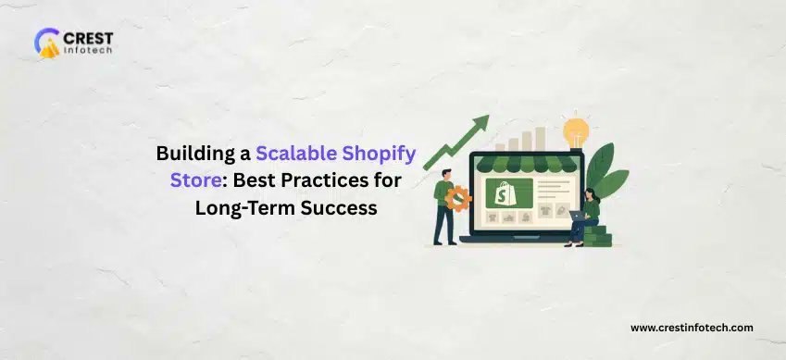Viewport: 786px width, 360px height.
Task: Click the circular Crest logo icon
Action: point(46,43)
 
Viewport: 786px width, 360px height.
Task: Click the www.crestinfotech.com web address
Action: point(692,327)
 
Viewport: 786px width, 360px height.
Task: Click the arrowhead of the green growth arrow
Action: point(480,123)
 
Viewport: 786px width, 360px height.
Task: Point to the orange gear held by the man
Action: point(458,197)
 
